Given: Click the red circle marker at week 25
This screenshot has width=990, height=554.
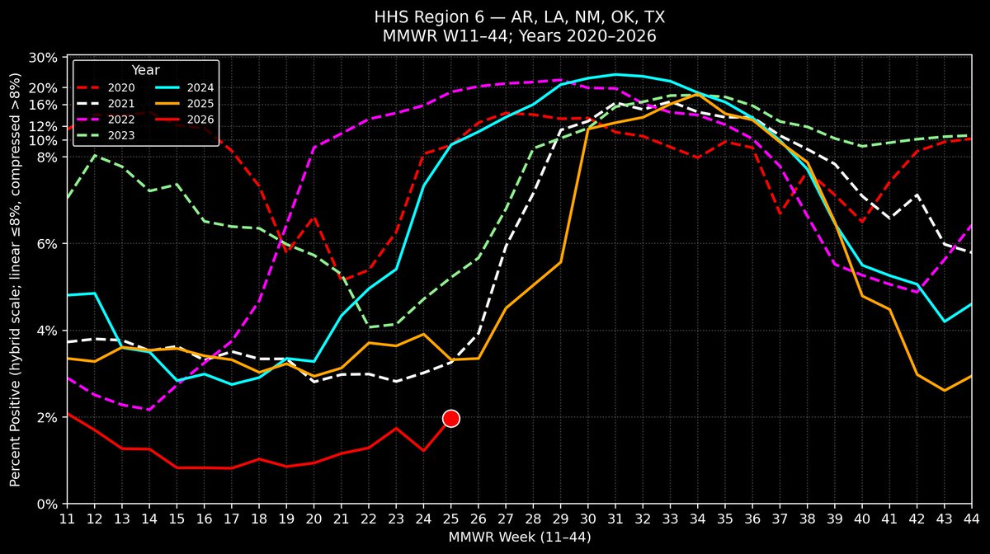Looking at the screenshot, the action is [450, 418].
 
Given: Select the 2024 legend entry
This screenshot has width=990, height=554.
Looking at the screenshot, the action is [185, 87].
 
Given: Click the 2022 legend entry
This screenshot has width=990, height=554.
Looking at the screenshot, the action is [106, 120].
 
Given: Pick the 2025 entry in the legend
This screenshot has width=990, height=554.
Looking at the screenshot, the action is [185, 103].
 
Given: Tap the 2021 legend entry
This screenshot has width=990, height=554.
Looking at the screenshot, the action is [106, 103].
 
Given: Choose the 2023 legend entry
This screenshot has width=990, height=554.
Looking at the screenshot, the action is [106, 135].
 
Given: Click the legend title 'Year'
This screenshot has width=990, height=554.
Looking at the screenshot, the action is [145, 70].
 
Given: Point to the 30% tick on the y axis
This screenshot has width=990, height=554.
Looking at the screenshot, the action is [43, 58].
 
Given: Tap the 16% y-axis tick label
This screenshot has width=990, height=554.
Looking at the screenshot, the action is [43, 106].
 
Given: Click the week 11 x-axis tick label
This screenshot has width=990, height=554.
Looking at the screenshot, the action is [67, 519].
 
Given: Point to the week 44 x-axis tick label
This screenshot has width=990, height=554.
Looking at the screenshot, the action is [972, 519].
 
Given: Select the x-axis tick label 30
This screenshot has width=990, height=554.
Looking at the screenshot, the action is [587, 519].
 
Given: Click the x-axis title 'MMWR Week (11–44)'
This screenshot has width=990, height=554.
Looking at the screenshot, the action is [519, 538].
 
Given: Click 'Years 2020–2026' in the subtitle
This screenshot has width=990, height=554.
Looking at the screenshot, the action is [587, 35].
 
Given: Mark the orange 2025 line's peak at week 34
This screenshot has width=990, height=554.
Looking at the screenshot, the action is [697, 94].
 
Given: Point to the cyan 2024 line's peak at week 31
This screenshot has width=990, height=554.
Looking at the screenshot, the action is [615, 74].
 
